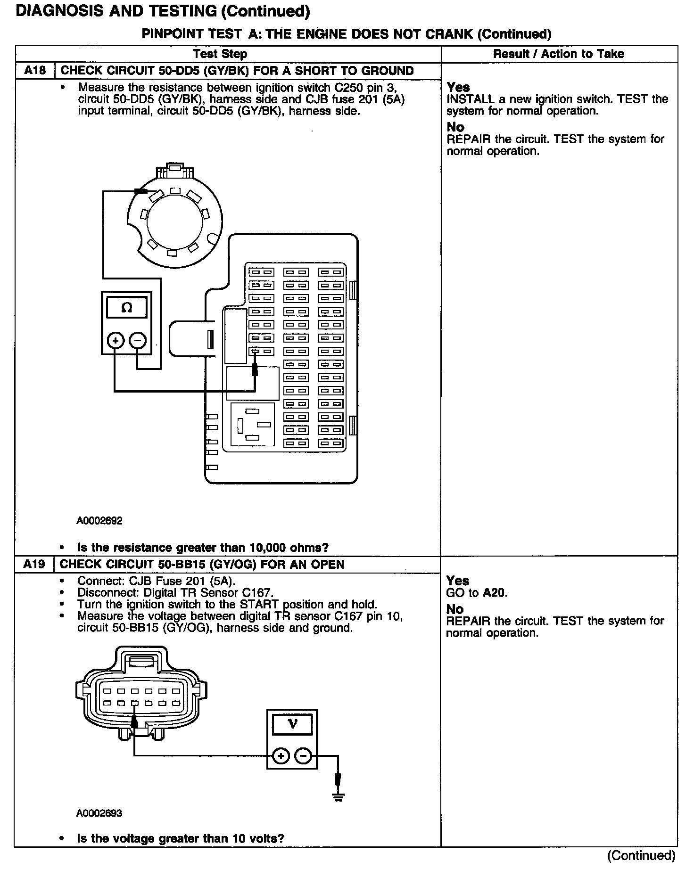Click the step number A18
[x=35, y=71]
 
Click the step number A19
[x=34, y=564]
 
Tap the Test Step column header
[x=220, y=54]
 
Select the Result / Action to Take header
[x=558, y=54]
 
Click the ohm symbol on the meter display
[x=126, y=308]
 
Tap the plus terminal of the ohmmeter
[x=116, y=340]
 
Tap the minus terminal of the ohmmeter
[x=138, y=340]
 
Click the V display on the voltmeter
[x=292, y=723]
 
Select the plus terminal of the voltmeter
[x=281, y=757]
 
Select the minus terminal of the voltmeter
[x=303, y=757]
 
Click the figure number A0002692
[x=99, y=521]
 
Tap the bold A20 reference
[x=494, y=593]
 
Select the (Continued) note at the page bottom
[x=641, y=855]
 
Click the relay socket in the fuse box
[x=252, y=424]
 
